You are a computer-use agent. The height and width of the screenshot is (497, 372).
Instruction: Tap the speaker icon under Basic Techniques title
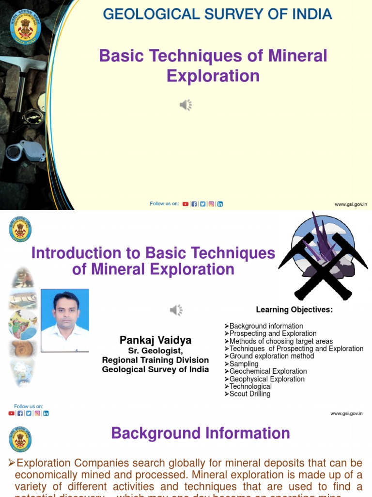point(186,105)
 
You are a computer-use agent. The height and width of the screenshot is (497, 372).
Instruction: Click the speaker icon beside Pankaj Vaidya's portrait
point(176,310)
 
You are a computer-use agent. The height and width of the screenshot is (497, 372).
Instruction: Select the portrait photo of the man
point(65,320)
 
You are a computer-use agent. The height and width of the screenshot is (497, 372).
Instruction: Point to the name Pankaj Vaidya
point(155,340)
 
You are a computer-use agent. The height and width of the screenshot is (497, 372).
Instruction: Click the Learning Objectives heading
point(294,310)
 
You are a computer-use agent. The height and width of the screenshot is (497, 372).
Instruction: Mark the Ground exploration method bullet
point(271,356)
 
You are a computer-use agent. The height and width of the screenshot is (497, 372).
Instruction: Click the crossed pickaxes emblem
point(323,257)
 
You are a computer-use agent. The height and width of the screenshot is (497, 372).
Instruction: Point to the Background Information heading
point(201,433)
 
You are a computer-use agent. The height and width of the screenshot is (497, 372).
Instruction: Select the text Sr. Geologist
point(155,351)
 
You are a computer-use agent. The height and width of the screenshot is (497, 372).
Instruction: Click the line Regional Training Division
point(155,360)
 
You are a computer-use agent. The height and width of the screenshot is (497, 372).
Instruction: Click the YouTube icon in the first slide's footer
point(186,204)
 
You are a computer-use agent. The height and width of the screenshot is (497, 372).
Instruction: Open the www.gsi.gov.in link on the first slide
point(351,204)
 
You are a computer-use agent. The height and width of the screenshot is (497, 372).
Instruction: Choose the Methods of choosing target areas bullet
point(281,341)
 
